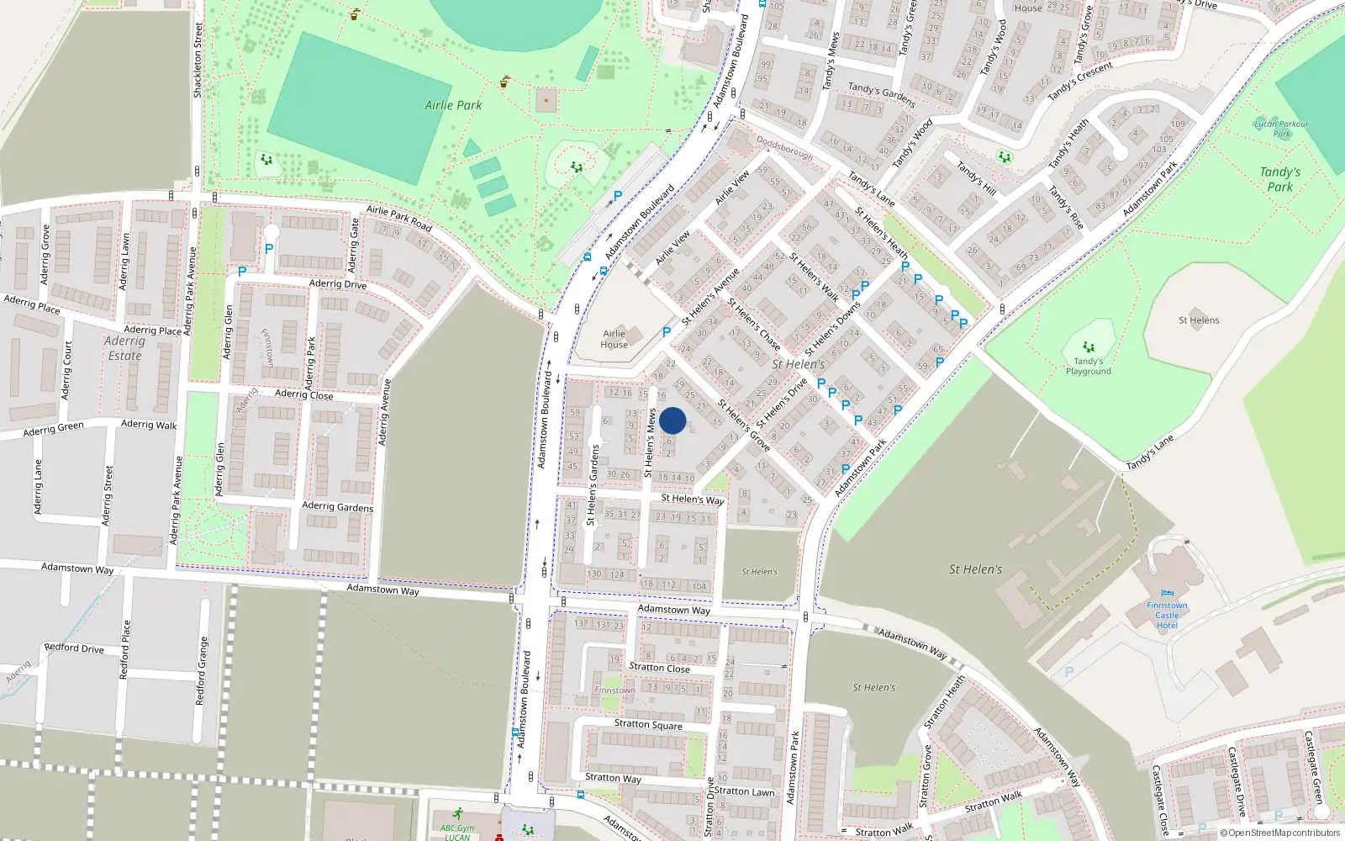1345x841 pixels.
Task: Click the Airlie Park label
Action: point(453,105)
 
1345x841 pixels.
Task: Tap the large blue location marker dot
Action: point(672,420)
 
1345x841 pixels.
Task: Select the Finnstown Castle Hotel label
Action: point(1167,616)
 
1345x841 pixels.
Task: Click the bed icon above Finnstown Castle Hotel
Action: point(1167,593)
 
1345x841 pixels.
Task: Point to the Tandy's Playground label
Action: point(1088,367)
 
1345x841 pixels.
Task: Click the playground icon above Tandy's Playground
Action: point(1089,346)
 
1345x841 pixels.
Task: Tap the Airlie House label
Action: point(614,339)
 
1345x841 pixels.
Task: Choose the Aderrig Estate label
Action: point(124,348)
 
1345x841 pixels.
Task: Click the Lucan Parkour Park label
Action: point(1281,129)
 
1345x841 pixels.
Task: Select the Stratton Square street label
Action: point(648,724)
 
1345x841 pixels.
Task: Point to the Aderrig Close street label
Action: point(303,394)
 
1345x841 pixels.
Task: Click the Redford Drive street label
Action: point(74,648)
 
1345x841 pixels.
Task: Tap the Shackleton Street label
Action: point(198,61)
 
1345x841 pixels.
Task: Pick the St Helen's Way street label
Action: point(692,499)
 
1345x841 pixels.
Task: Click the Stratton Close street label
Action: point(659,668)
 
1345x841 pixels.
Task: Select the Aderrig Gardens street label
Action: point(337,506)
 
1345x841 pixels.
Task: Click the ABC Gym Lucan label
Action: point(457,831)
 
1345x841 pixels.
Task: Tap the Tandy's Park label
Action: point(1279,179)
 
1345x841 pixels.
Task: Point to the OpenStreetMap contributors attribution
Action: point(1280,833)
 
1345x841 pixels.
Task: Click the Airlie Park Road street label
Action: point(399,219)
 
